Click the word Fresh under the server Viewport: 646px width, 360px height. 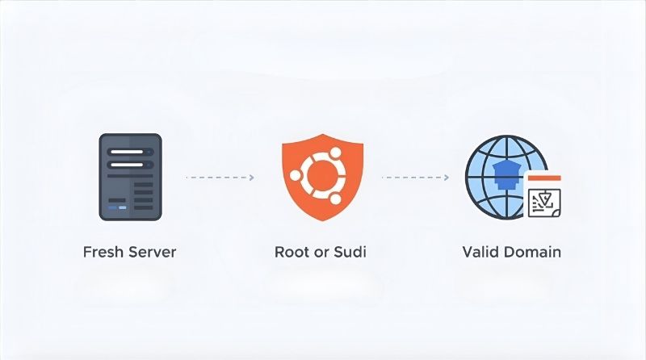pyautogui.click(x=103, y=252)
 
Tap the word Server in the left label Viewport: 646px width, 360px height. pyautogui.click(x=150, y=252)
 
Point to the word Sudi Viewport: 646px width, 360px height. pyautogui.click(x=349, y=252)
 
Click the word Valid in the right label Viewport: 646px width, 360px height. pyautogui.click(x=481, y=252)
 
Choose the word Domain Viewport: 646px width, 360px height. pyautogui.click(x=531, y=252)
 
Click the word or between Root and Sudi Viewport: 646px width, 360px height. pyautogui.click(x=323, y=252)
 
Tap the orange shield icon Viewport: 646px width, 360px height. pyautogui.click(x=322, y=175)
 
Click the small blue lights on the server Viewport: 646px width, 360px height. pyautogui.click(x=118, y=207)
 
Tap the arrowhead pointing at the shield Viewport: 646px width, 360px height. pyautogui.click(x=251, y=177)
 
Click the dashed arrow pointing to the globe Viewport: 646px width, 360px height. pyautogui.click(x=415, y=177)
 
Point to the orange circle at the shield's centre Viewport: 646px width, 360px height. pyautogui.click(x=322, y=172)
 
